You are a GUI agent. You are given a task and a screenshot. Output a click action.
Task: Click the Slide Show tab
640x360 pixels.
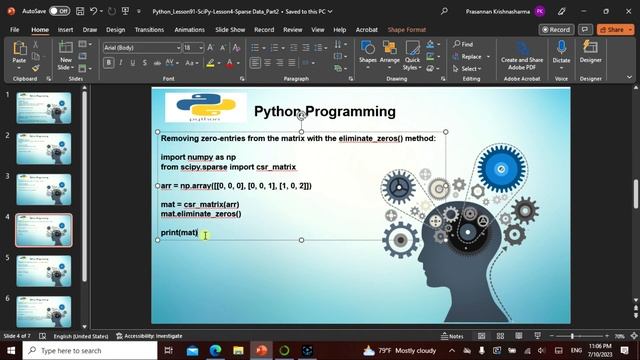230,30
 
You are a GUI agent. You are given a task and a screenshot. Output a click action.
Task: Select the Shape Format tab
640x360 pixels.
407,30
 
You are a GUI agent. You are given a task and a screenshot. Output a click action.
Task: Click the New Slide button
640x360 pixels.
66,56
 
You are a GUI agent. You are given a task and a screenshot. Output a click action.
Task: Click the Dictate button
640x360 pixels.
561,55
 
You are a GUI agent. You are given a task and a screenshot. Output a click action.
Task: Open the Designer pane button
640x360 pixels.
591,55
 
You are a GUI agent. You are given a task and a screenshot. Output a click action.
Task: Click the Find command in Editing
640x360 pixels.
462,44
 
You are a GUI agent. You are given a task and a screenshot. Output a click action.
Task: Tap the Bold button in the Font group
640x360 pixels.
107,63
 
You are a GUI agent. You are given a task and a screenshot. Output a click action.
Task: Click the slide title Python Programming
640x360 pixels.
324,111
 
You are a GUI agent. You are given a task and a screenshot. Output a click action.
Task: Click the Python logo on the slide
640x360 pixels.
206,107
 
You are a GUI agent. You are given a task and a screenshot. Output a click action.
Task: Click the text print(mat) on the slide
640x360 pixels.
180,233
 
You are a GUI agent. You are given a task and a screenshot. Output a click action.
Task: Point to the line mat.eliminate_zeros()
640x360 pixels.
201,214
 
